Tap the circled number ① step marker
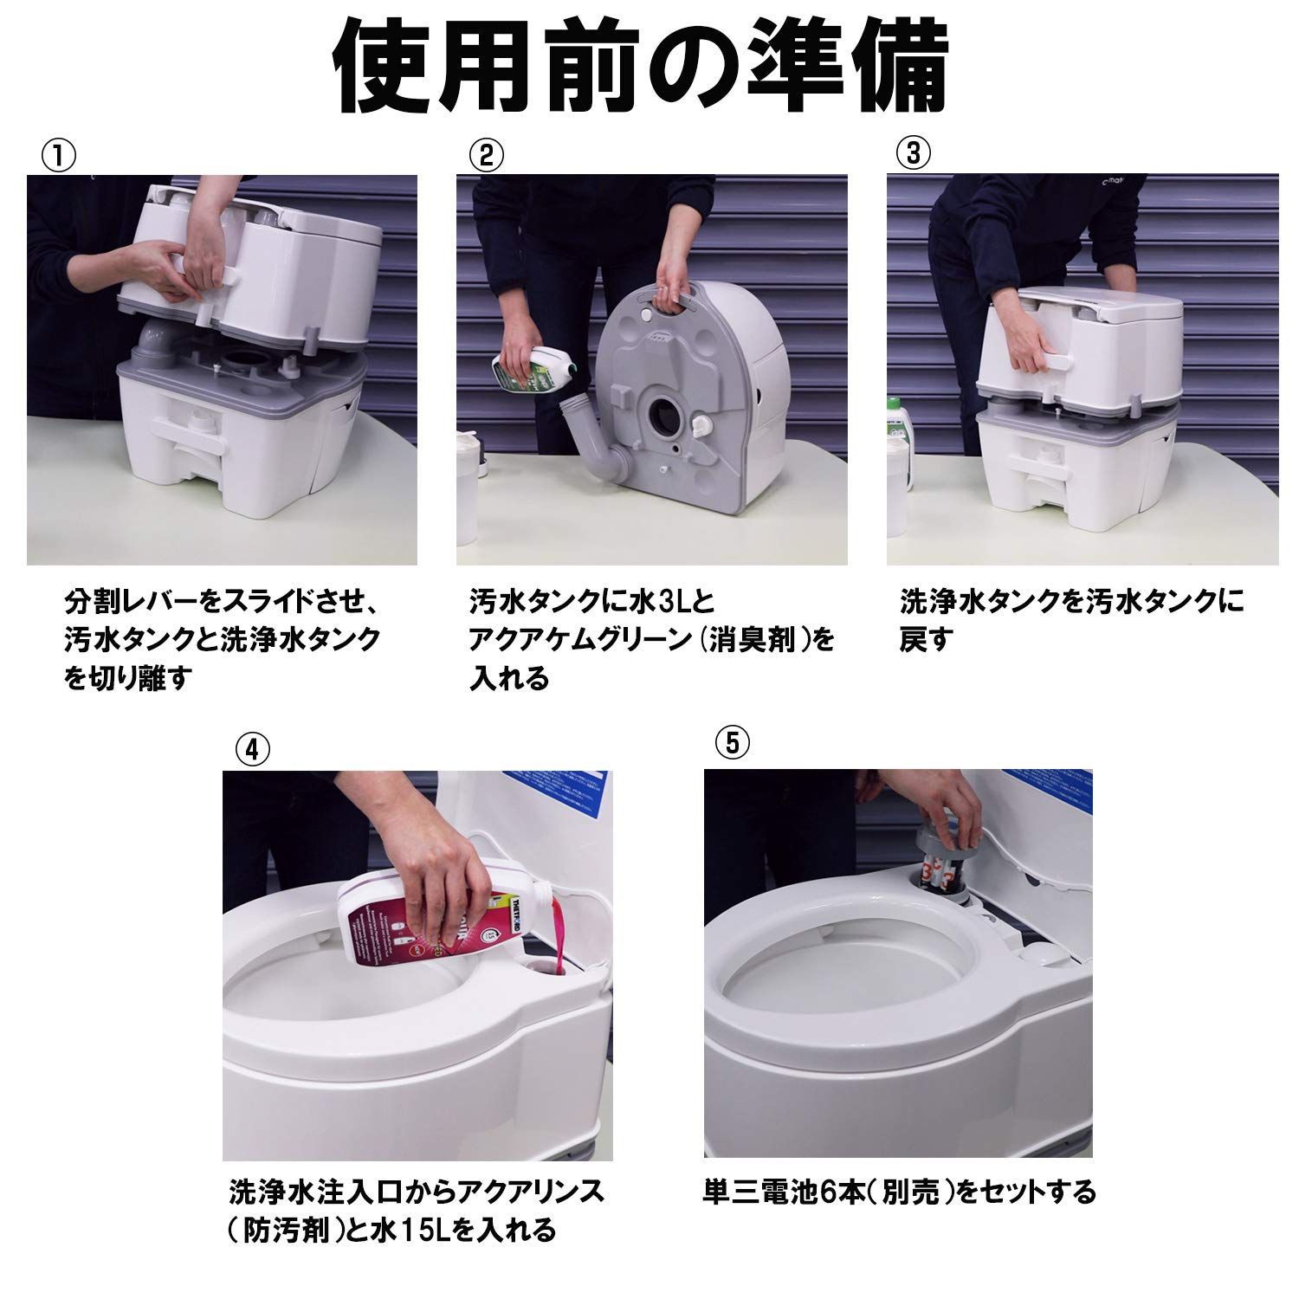point(58,156)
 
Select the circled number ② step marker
point(487,156)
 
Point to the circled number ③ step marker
point(914,154)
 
